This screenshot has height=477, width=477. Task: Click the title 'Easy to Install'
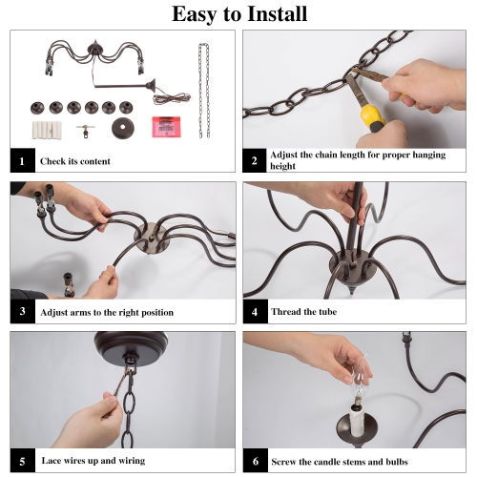tap(239, 14)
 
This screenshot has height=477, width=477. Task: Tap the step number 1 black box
tap(22, 160)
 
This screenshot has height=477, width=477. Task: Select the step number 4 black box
tap(256, 312)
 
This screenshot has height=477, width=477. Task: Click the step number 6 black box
tap(256, 461)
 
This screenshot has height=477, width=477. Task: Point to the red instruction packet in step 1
tap(166, 127)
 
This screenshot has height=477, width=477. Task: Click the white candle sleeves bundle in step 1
tap(47, 130)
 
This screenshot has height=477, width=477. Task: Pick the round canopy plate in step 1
tap(123, 128)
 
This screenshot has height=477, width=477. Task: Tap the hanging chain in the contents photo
tap(204, 91)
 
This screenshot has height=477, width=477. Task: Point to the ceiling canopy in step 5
tap(131, 344)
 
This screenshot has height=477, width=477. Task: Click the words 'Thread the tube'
tap(303, 312)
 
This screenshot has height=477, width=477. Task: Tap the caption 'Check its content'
tap(75, 161)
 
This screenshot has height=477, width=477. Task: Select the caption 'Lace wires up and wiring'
tap(93, 461)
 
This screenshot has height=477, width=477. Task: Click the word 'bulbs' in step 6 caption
tap(397, 462)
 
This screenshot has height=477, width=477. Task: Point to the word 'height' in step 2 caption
tap(282, 166)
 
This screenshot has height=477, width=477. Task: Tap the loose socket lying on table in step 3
tap(69, 285)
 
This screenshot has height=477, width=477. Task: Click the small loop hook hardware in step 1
tap(86, 131)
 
